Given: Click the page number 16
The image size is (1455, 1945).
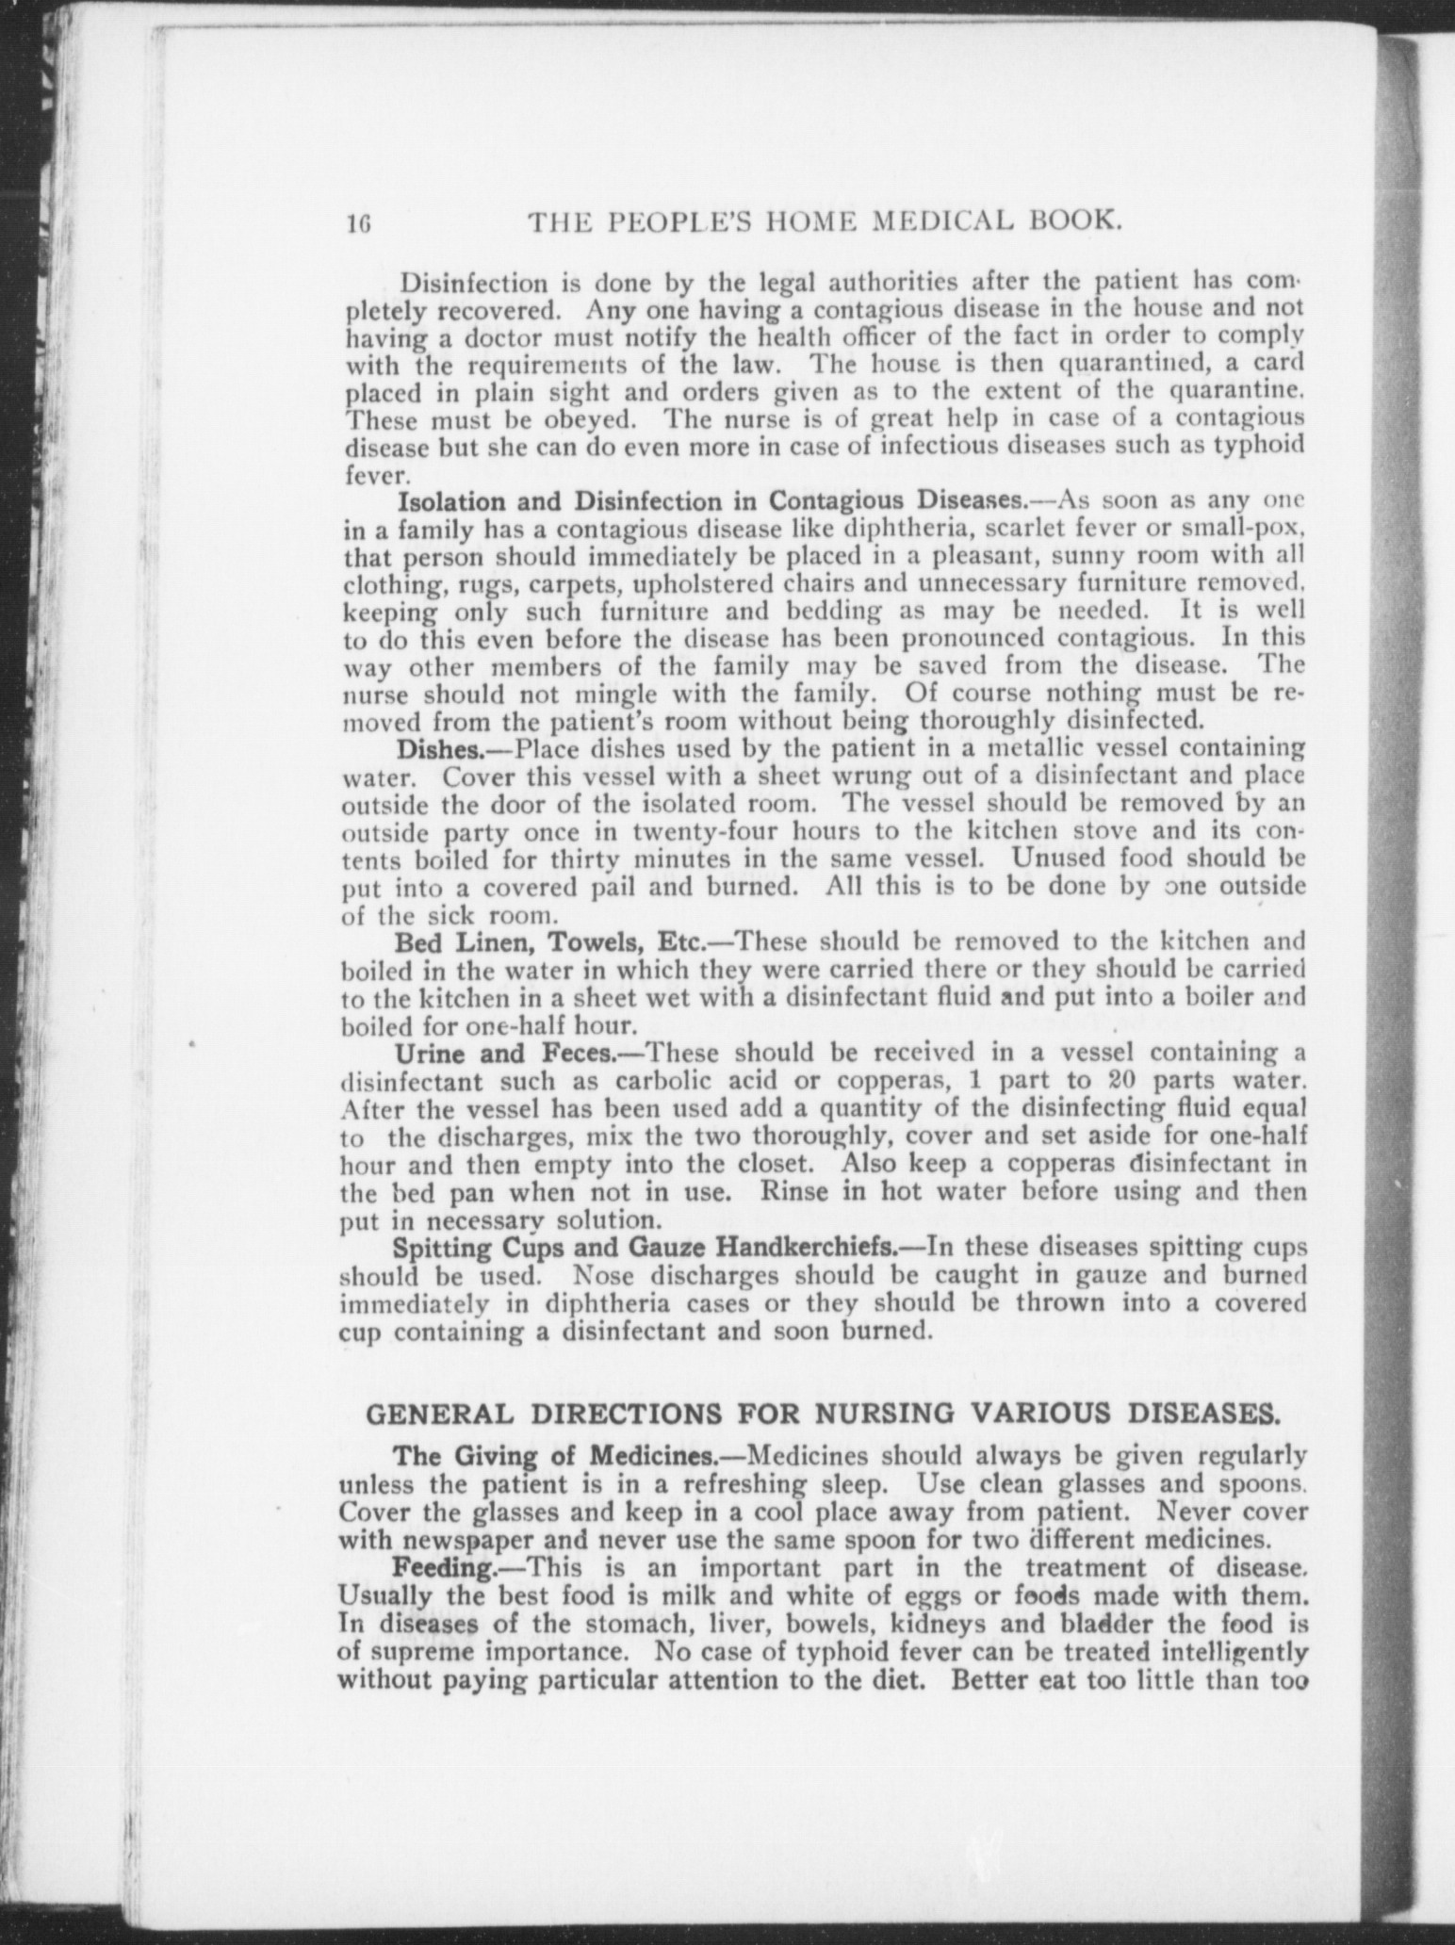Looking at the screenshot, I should click(359, 224).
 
